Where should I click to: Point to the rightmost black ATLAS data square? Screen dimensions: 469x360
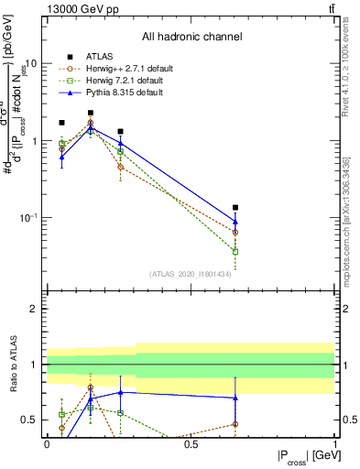[x=235, y=208]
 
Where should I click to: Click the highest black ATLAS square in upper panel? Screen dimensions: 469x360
[x=91, y=113]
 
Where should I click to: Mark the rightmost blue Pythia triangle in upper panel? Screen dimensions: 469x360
[x=235, y=221]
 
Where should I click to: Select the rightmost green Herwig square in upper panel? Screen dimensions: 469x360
[x=235, y=251]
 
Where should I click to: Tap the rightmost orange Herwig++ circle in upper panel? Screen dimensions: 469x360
[x=235, y=232]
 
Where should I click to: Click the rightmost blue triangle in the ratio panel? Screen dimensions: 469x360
[x=235, y=398]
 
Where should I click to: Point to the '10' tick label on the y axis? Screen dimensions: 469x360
[x=31, y=64]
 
